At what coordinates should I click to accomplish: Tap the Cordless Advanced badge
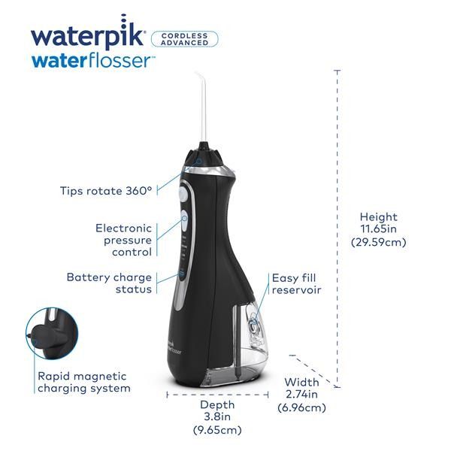[184, 38]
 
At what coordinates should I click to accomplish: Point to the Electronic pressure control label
[123, 240]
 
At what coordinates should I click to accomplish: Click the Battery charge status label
[109, 283]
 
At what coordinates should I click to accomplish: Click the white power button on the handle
[183, 194]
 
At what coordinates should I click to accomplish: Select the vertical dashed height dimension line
[337, 225]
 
